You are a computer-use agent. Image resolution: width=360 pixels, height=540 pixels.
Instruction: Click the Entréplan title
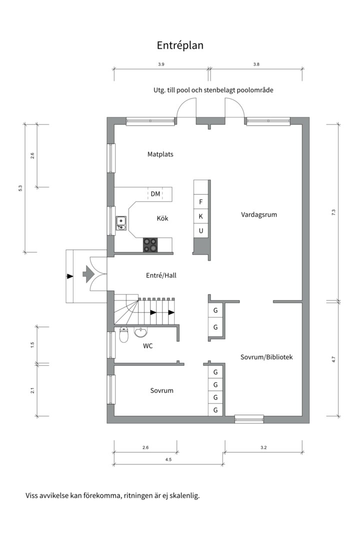(x=180, y=45)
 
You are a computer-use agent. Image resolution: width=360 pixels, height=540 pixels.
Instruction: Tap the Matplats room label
(x=160, y=154)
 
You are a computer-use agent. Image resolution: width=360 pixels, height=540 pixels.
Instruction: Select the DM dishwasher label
(x=155, y=194)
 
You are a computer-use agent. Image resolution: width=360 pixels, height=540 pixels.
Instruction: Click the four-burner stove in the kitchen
(x=150, y=245)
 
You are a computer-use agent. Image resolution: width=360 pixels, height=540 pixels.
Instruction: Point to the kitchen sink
(x=121, y=223)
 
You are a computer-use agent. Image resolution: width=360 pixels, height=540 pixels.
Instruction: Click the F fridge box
(x=201, y=202)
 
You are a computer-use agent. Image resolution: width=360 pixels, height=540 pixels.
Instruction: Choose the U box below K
(x=201, y=230)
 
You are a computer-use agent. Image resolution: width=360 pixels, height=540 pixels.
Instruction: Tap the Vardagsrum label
(x=258, y=214)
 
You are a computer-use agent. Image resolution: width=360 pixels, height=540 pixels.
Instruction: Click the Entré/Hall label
(x=161, y=275)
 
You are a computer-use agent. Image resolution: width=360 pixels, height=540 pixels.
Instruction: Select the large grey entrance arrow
(x=88, y=274)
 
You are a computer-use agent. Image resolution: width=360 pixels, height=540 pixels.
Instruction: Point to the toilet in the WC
(x=123, y=334)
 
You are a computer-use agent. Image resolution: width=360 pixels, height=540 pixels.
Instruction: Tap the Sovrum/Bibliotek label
(x=266, y=357)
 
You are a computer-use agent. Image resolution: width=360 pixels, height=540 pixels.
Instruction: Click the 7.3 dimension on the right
(x=333, y=212)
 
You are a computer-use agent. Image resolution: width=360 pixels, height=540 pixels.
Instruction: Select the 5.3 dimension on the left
(x=20, y=188)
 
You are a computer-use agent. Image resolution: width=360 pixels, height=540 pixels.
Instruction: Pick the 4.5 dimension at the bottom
(x=168, y=459)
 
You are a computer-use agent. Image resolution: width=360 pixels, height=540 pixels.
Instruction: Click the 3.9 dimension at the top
(x=161, y=64)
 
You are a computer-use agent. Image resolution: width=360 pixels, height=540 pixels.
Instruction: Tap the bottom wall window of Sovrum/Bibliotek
(x=249, y=419)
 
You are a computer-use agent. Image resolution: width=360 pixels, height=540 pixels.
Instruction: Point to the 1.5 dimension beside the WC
(x=32, y=344)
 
